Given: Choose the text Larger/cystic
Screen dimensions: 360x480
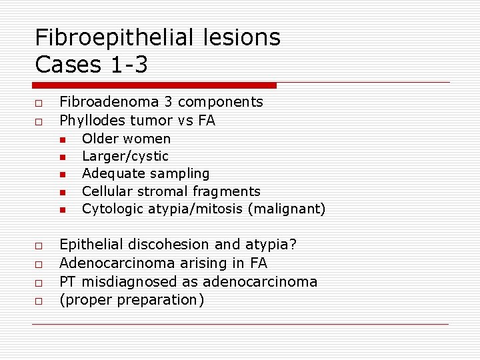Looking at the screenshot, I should point(125,156).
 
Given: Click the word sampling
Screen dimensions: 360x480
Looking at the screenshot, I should point(183,173).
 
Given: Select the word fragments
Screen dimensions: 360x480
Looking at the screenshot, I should point(228,191).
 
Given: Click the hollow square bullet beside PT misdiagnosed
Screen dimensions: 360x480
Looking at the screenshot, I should point(39,283).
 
